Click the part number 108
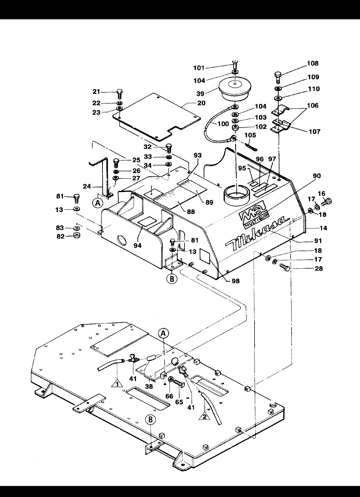[313, 63]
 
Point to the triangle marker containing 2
[204, 416]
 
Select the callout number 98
[236, 281]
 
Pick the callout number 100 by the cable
[223, 124]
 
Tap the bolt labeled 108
[278, 77]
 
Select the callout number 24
[87, 186]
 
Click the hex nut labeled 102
[235, 128]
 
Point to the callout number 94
[138, 245]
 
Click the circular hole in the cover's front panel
[122, 240]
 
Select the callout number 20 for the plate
[201, 103]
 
